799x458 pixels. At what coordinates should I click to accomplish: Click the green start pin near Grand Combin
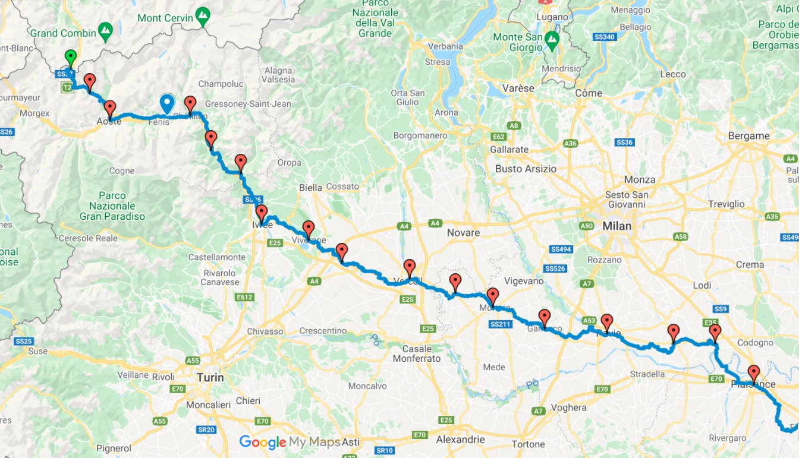(71, 58)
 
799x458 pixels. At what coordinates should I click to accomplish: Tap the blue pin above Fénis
(168, 103)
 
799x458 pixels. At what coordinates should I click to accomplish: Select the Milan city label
(617, 226)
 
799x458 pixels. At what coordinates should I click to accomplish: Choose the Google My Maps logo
(290, 442)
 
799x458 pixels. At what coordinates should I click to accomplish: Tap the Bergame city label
(748, 135)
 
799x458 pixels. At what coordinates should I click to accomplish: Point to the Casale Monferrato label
(417, 353)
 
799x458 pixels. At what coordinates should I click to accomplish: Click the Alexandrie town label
(460, 440)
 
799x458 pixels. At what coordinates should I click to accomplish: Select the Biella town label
(310, 187)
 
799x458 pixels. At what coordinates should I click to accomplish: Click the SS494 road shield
(561, 249)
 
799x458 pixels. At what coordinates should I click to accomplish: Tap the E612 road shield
(246, 297)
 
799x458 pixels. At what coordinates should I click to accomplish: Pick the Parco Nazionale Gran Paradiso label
(112, 206)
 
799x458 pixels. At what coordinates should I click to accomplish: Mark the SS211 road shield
(501, 324)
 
